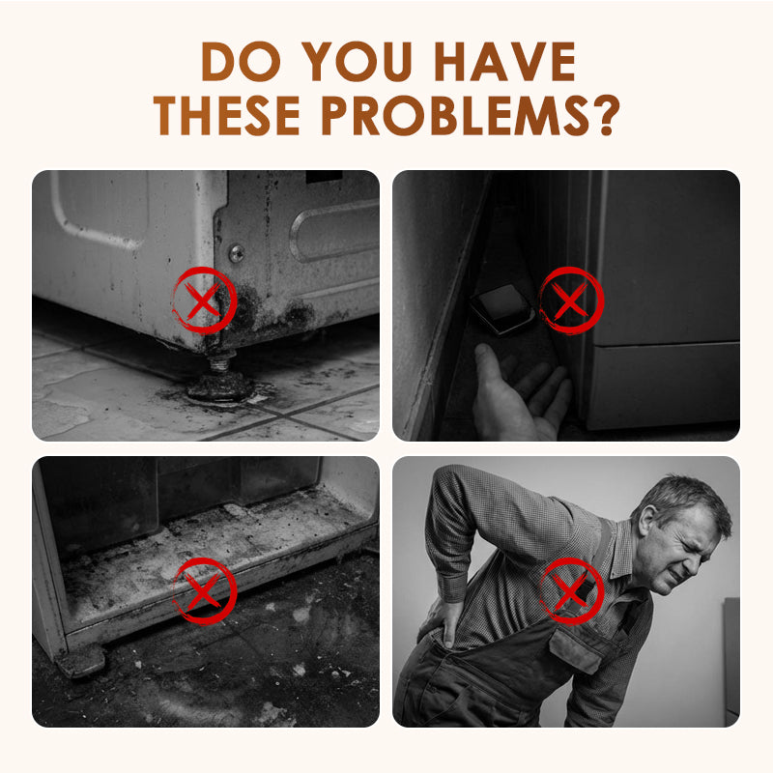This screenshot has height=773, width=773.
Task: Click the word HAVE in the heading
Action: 504,61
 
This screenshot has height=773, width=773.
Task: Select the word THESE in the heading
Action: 227,115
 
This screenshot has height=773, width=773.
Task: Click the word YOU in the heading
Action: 357,61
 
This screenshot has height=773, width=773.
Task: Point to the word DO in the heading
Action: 241,61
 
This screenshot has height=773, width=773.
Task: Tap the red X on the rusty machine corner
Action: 204,301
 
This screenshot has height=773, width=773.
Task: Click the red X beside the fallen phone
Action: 571,301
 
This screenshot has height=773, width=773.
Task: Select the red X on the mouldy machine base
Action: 204,591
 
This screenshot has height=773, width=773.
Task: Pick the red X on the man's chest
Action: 571,591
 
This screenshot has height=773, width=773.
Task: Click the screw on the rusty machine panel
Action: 236,253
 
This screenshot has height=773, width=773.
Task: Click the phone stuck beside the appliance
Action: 502,309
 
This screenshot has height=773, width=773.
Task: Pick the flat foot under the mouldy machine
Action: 80,661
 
